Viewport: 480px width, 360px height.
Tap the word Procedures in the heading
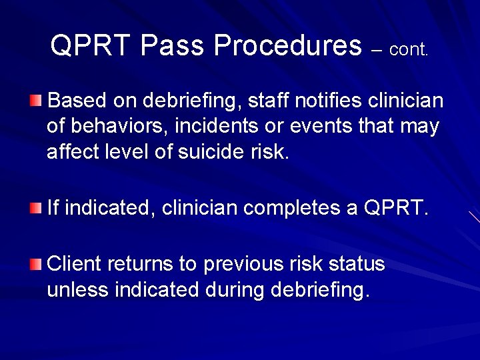pos(287,45)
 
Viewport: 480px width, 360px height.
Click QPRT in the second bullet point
pos(395,208)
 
